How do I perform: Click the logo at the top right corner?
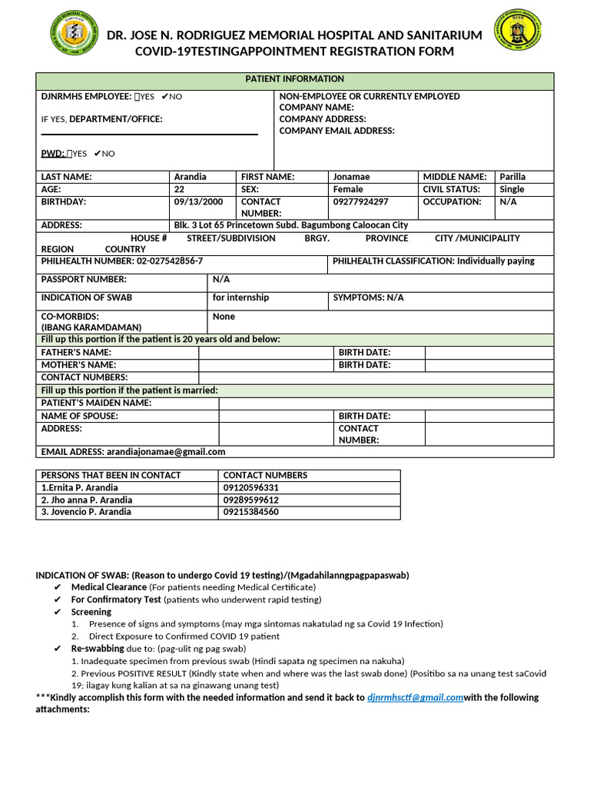[x=517, y=34]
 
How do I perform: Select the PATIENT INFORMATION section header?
[x=294, y=79]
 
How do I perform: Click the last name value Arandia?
[x=191, y=177]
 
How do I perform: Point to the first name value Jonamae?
[x=351, y=177]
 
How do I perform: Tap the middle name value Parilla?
[x=512, y=177]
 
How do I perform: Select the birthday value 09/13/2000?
[x=198, y=202]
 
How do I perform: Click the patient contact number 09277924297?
[x=360, y=202]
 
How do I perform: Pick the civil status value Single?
[x=512, y=189]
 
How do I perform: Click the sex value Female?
[x=348, y=189]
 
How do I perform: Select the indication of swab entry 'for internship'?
[x=240, y=297]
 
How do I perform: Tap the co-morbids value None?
[x=224, y=317]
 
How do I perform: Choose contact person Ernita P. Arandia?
[x=80, y=488]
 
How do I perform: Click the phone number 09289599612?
[x=250, y=500]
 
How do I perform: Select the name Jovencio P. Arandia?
[x=85, y=512]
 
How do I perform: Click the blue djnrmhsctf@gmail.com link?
[x=415, y=698]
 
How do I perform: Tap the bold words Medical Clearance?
[x=108, y=587]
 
